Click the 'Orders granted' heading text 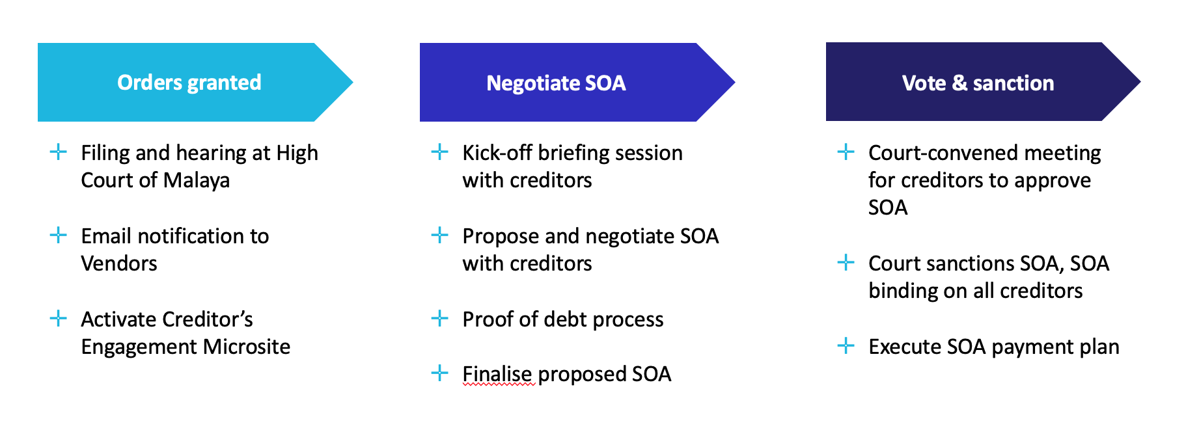(x=189, y=83)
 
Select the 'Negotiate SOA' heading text (x=556, y=83)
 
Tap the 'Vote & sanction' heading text (x=978, y=83)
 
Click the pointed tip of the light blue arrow (x=353, y=83)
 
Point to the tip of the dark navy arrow (x=1140, y=82)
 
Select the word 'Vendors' (x=119, y=263)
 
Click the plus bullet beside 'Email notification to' (x=58, y=235)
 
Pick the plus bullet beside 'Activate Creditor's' (x=58, y=318)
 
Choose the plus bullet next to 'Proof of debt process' (x=439, y=318)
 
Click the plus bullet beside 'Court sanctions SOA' (x=846, y=262)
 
